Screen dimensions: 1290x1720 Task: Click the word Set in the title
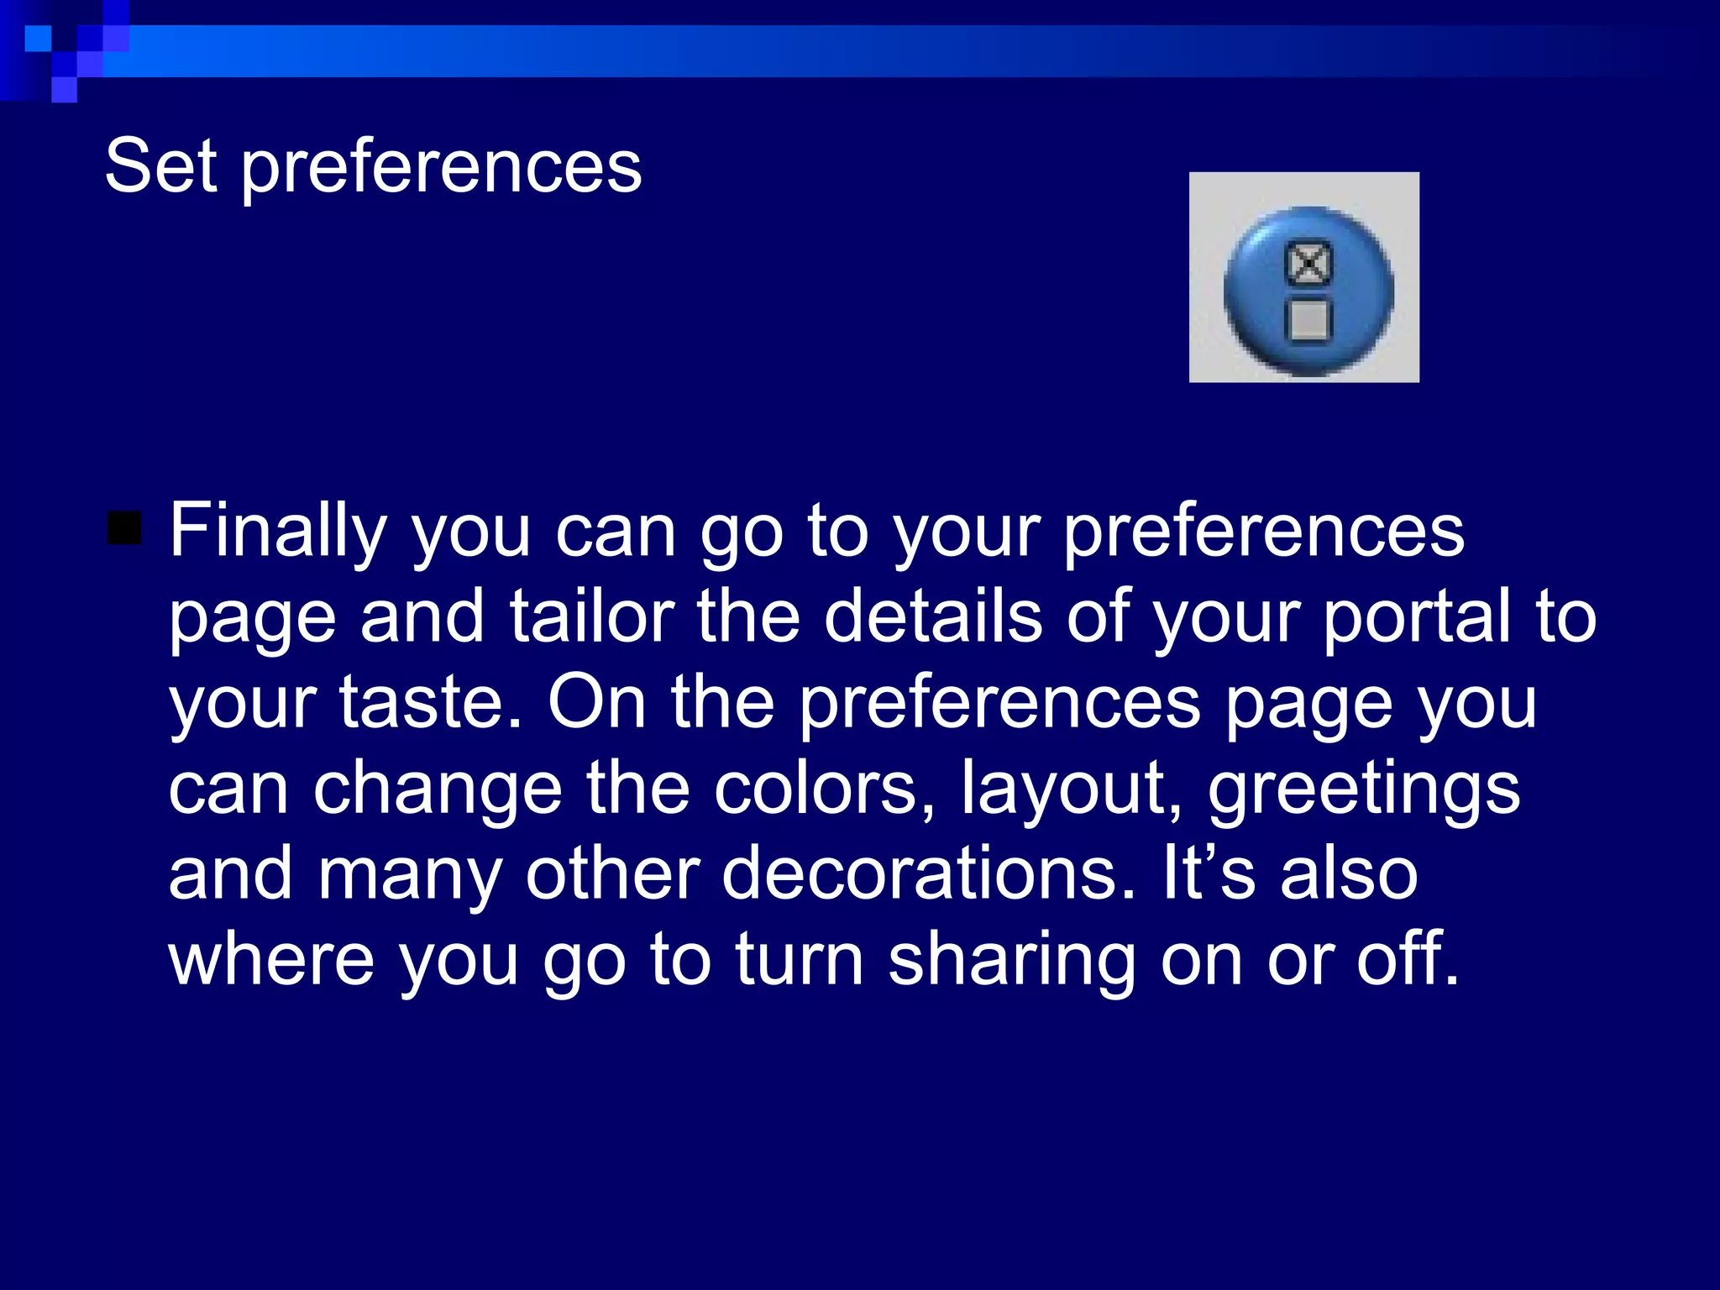coord(161,165)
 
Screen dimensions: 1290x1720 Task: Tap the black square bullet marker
coord(124,528)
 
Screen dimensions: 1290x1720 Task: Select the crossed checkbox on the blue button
coord(1308,264)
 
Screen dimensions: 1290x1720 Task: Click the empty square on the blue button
coord(1308,320)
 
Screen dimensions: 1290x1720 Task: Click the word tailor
coord(592,616)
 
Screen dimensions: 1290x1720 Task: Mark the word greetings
coord(1364,789)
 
